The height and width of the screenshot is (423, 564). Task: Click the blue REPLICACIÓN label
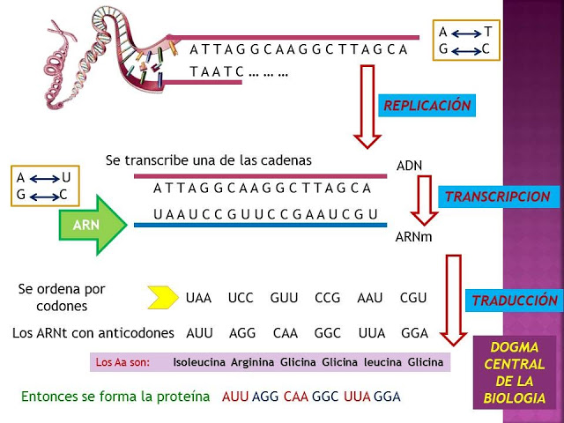pos(427,106)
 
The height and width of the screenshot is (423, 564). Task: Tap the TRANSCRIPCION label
pos(498,197)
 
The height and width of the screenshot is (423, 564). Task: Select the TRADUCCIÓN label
pos(515,300)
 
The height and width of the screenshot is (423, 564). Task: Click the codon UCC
pos(241,298)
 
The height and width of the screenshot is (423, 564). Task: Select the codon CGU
pos(413,298)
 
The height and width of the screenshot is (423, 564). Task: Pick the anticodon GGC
pos(328,333)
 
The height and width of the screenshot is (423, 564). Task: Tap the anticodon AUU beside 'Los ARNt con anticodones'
pos(200,333)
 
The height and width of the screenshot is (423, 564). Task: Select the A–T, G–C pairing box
pos(464,41)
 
